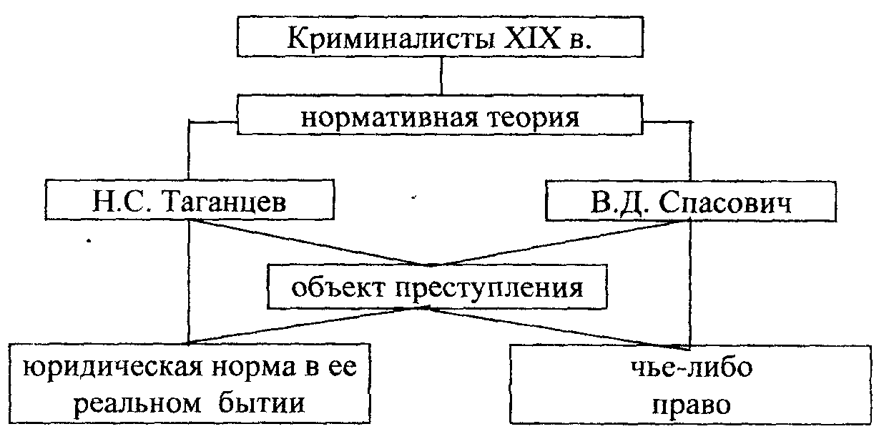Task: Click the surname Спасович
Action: pyautogui.click(x=723, y=203)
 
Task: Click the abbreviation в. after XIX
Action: pyautogui.click(x=584, y=40)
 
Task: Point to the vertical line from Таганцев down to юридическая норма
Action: pyautogui.click(x=188, y=286)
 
